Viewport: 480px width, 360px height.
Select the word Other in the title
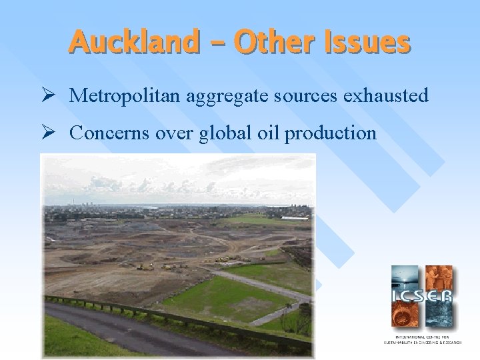click(x=277, y=43)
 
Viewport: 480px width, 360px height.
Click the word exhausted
click(x=387, y=97)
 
